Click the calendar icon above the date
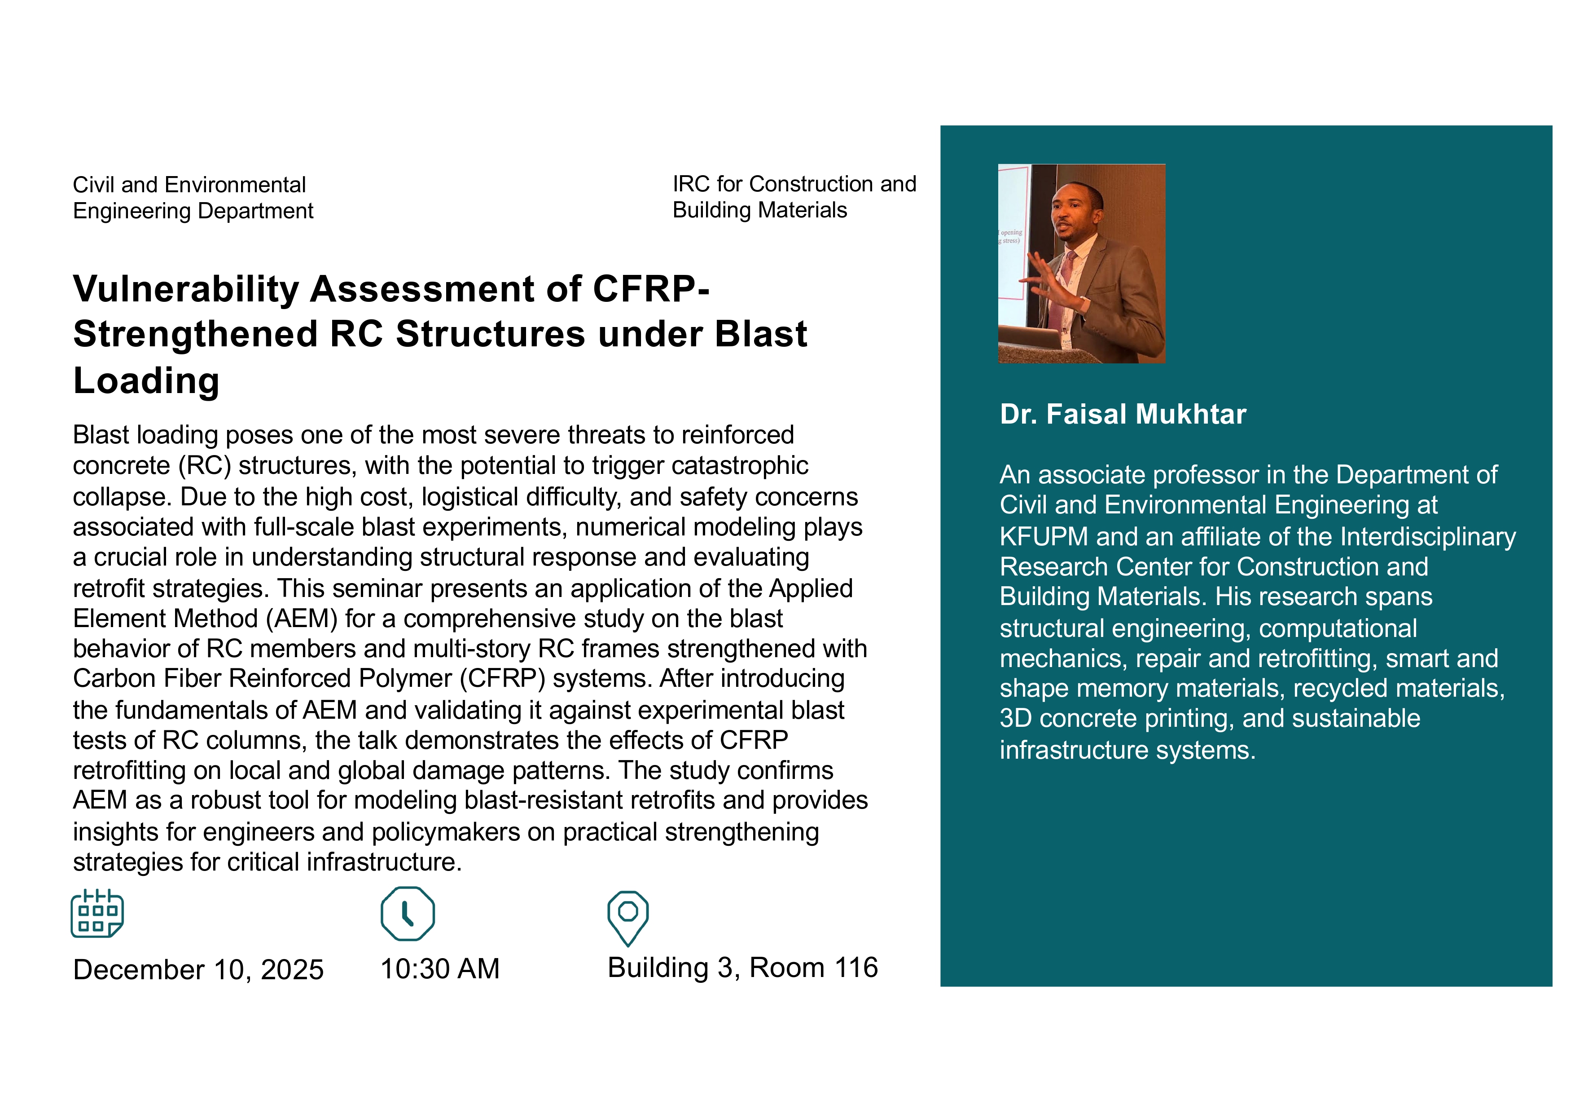(x=97, y=914)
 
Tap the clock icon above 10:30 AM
(x=408, y=914)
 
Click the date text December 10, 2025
(x=198, y=970)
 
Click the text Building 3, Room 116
(x=742, y=968)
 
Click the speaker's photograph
(x=1082, y=264)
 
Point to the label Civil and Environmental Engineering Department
(x=193, y=198)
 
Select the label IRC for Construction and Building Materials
(x=794, y=197)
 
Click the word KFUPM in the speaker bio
(x=1044, y=537)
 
